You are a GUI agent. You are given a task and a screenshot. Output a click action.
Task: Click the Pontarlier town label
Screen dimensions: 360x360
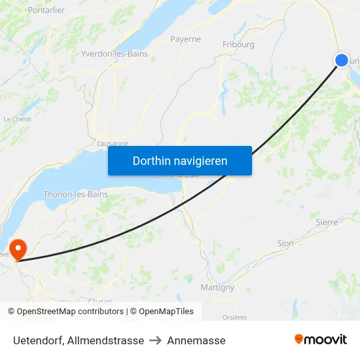[x=46, y=10]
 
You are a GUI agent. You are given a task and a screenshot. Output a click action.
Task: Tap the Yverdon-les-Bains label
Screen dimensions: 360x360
[x=114, y=54]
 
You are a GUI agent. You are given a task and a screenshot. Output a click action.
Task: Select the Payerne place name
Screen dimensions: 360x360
[x=185, y=39]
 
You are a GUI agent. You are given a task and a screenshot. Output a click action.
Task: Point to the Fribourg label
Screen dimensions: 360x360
[x=238, y=45]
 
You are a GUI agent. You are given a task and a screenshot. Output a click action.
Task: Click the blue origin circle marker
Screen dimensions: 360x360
[x=342, y=60]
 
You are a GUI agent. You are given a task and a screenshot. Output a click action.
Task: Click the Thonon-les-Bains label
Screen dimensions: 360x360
[x=75, y=194]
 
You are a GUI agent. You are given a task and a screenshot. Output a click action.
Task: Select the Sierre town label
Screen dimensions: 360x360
[x=327, y=223]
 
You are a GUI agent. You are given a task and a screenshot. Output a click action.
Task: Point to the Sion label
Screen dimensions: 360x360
[x=285, y=243]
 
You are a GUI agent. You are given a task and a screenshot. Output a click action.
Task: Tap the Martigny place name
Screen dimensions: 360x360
[x=217, y=287]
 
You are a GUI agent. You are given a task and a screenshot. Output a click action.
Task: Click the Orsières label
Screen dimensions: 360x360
[x=234, y=317]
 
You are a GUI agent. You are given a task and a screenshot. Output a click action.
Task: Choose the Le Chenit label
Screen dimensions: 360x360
[x=17, y=119]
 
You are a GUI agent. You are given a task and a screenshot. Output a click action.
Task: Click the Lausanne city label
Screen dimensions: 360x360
[x=112, y=143]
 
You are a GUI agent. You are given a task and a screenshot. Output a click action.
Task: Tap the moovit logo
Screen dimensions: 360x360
[x=320, y=339]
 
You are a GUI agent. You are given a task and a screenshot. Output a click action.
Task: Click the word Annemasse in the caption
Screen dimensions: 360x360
[x=196, y=340]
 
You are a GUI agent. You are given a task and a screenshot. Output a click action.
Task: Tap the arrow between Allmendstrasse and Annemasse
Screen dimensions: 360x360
[x=156, y=340]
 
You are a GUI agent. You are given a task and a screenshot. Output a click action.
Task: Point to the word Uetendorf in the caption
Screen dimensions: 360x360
[x=37, y=340]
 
